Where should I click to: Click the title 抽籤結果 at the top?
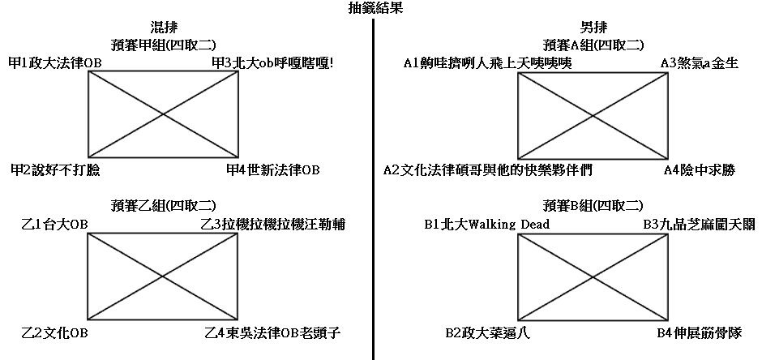[x=374, y=9]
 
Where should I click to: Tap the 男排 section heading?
[x=594, y=28]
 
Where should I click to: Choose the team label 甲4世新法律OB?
[x=273, y=170]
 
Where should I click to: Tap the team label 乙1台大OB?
[x=54, y=224]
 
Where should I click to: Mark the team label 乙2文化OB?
[x=54, y=332]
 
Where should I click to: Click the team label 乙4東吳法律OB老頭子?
[x=272, y=332]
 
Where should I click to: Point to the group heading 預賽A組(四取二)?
[x=594, y=45]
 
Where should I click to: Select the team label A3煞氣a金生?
[x=699, y=62]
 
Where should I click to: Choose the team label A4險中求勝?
[x=699, y=170]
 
